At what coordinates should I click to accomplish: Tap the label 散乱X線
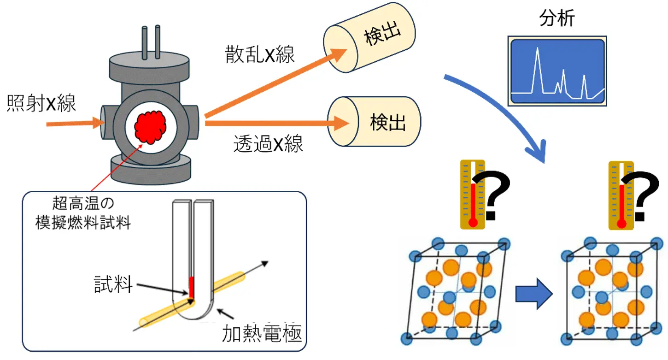coord(260,55)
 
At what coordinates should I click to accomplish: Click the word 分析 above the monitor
coord(557,19)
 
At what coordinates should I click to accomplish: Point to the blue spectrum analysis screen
coord(557,71)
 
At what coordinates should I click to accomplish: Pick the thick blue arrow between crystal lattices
coord(533,294)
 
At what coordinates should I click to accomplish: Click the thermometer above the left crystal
coord(472,194)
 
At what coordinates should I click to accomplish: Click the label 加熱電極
coord(262,332)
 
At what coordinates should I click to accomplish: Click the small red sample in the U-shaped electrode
coord(191,287)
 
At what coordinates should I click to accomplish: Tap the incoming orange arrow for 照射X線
coord(76,123)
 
